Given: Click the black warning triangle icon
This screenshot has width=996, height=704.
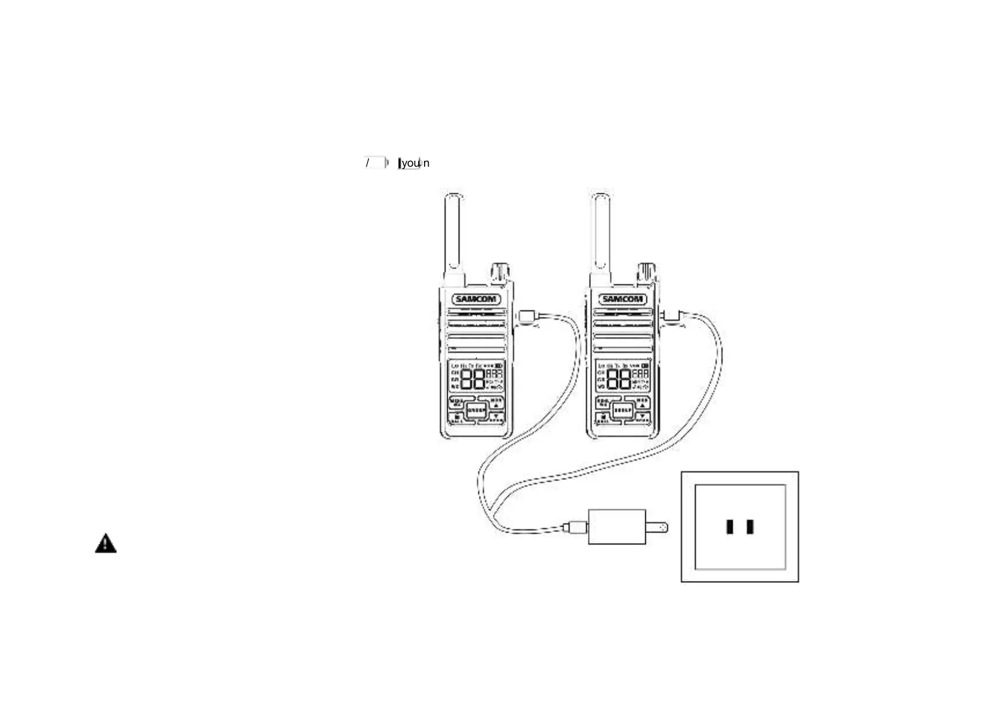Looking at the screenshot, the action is click(x=106, y=543).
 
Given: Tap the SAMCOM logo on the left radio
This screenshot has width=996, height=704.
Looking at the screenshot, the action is click(x=476, y=299).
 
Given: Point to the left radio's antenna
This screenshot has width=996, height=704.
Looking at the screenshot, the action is click(x=454, y=236).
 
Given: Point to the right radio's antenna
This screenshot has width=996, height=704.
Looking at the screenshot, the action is click(x=600, y=236).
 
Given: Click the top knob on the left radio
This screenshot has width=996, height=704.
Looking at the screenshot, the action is click(x=500, y=272).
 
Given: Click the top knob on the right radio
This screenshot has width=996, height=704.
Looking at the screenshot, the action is click(x=646, y=272).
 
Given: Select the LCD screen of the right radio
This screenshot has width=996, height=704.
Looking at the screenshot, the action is click(x=623, y=376).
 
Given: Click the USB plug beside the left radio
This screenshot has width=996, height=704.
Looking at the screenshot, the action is click(x=528, y=316).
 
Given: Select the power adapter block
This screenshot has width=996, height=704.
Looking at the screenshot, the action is click(x=617, y=526).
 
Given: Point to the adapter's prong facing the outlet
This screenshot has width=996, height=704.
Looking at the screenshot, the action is click(x=657, y=527).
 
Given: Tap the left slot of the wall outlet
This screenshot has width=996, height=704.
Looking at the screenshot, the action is click(x=730, y=527).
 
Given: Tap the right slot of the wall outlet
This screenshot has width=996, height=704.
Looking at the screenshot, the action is click(x=750, y=527).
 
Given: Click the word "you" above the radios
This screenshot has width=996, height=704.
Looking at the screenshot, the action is click(x=410, y=163).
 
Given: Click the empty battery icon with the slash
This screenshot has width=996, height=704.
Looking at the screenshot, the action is click(x=377, y=163).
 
